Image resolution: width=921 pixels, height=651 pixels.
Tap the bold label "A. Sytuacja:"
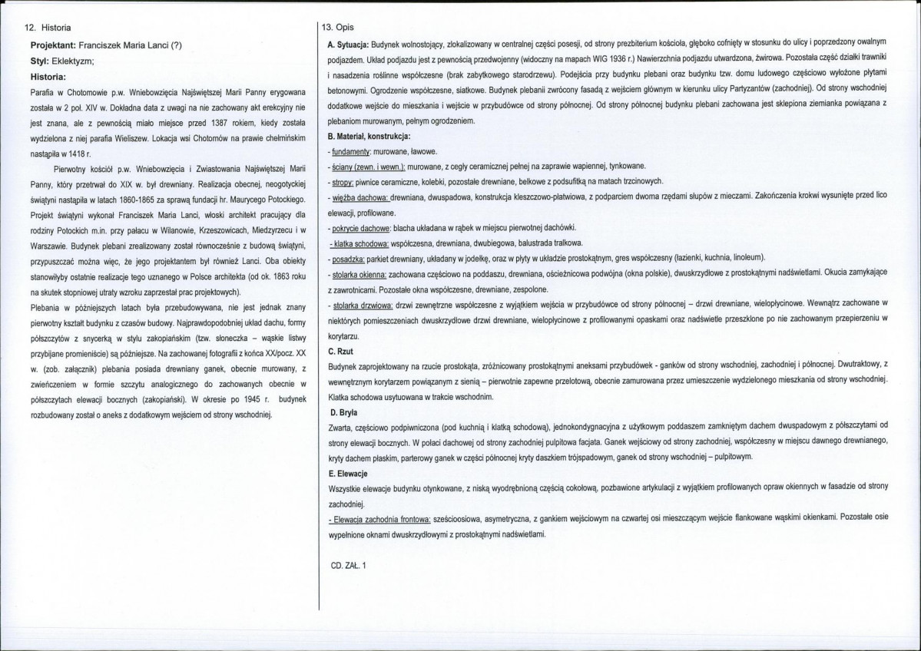(348, 41)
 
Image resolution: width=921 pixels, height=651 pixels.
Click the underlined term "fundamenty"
(353, 152)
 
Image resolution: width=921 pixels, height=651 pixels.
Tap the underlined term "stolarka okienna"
(359, 273)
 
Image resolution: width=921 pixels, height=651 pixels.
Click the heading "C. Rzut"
(340, 349)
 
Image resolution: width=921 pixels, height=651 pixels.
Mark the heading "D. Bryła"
(342, 413)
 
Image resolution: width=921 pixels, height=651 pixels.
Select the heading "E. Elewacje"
(347, 473)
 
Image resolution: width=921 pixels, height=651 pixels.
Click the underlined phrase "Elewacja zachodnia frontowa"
(379, 519)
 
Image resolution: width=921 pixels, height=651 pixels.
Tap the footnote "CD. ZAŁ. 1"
(348, 565)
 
